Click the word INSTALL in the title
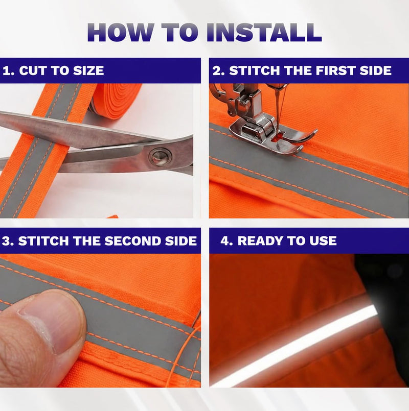[264, 32]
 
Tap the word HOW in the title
[120, 32]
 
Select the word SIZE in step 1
[88, 71]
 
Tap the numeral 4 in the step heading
[225, 241]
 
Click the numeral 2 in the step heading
[217, 71]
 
